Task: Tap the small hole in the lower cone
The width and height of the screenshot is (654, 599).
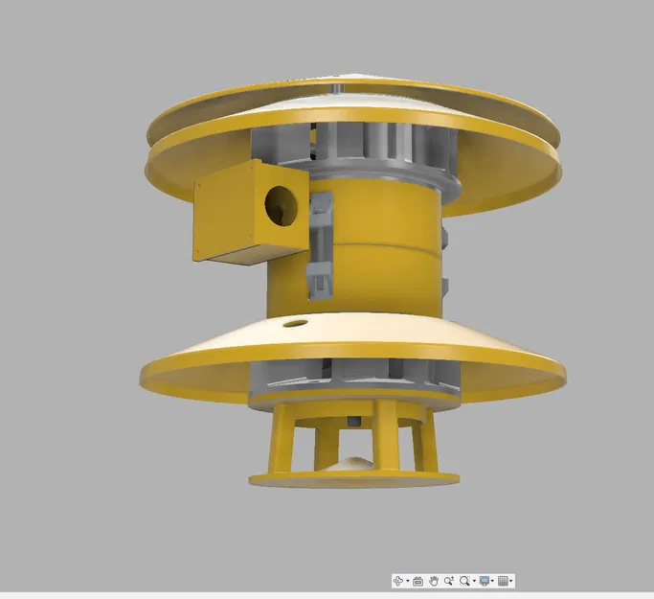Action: pyautogui.click(x=296, y=323)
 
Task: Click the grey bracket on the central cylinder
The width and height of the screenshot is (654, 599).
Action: pyautogui.click(x=319, y=244)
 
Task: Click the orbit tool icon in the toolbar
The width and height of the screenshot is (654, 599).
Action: pyautogui.click(x=398, y=581)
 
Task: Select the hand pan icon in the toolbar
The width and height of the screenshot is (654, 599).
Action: pyautogui.click(x=433, y=581)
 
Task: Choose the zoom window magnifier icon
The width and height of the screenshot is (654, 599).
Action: pyautogui.click(x=464, y=581)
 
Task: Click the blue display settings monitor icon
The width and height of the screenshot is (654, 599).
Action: pyautogui.click(x=485, y=581)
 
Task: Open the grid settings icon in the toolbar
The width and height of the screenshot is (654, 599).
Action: pyautogui.click(x=504, y=581)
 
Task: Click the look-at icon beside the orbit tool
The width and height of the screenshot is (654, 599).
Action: pyautogui.click(x=417, y=581)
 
